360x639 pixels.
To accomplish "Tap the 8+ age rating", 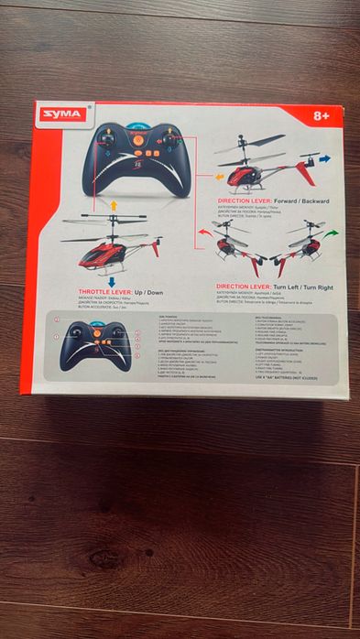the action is click(322, 116).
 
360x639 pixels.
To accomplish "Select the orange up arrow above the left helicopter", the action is click(114, 205).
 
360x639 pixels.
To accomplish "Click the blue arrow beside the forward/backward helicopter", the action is click(325, 159).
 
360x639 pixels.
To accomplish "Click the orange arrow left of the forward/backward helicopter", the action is click(220, 175).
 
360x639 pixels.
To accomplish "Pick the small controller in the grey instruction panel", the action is click(95, 344).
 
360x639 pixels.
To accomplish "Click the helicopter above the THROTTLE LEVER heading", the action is click(112, 245).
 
